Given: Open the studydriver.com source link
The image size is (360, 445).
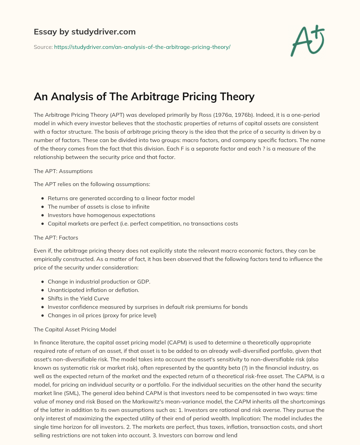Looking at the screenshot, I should coord(142,47).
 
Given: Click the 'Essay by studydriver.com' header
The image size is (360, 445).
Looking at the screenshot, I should coord(84,32).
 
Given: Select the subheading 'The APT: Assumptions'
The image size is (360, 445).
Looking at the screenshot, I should coord(63,171).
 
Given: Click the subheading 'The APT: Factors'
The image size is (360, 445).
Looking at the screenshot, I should coord(56,237).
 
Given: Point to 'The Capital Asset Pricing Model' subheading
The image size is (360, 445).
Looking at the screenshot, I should coord(75,329).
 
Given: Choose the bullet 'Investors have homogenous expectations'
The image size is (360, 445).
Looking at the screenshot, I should coord(101,215).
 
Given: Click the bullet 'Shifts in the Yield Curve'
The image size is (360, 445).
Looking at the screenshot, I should coord(78,298).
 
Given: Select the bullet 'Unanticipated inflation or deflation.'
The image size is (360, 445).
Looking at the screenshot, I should coord(94,290).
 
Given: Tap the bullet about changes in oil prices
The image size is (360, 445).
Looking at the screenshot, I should coord(102,315).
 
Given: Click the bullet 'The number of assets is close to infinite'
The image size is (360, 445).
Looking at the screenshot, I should coord(98,206).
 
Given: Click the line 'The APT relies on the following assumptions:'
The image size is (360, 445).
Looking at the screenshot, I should coord(92,184).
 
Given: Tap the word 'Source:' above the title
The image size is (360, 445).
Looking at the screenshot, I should coord(43,47).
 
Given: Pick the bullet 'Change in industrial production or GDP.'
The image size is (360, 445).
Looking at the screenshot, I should coord(99,281).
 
